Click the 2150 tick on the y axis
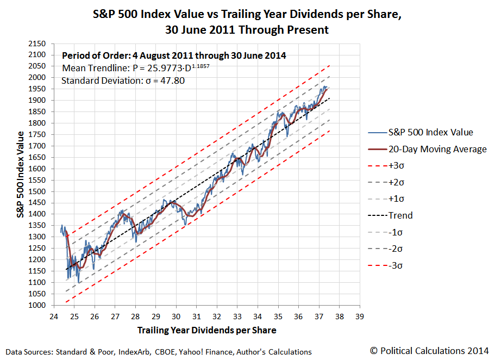click(36, 43)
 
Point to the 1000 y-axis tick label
click(36, 305)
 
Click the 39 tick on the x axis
click(359, 316)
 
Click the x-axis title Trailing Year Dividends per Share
click(206, 330)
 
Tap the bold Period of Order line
click(174, 55)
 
